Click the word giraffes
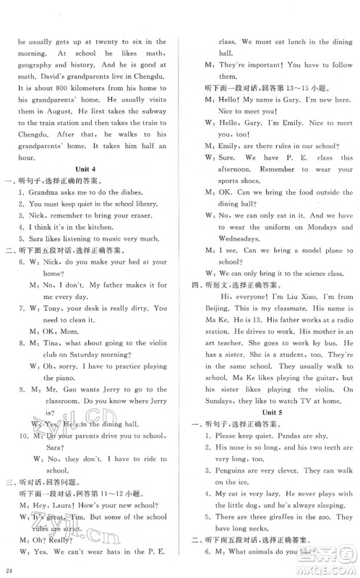tap(276, 534)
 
